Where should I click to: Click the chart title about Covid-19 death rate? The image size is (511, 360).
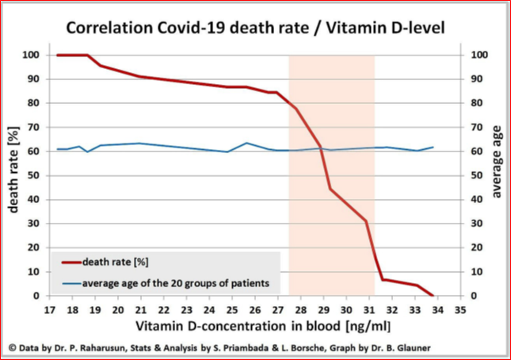[x=255, y=28]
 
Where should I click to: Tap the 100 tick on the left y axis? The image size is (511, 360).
[x=32, y=55]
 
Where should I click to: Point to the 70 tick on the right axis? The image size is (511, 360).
[x=475, y=127]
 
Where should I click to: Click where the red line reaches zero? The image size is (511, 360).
[x=433, y=296]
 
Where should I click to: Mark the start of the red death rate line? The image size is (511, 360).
[x=58, y=56]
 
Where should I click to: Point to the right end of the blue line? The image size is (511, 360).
[x=433, y=147]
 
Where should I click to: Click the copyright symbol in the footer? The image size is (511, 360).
[x=13, y=347]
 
